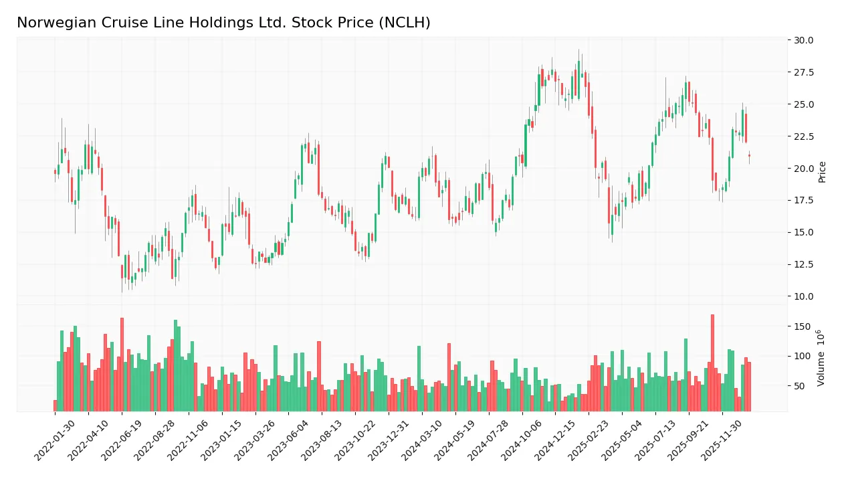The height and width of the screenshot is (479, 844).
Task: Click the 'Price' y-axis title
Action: pyautogui.click(x=822, y=172)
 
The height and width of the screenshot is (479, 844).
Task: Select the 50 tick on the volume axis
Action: pyautogui.click(x=798, y=386)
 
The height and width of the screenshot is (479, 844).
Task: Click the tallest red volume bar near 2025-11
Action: pyautogui.click(x=712, y=363)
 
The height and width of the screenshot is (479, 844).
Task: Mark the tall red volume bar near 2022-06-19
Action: pyautogui.click(x=122, y=365)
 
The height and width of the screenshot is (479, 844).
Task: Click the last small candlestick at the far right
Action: pyautogui.click(x=749, y=156)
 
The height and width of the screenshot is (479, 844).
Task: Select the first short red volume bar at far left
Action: pyautogui.click(x=55, y=405)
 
